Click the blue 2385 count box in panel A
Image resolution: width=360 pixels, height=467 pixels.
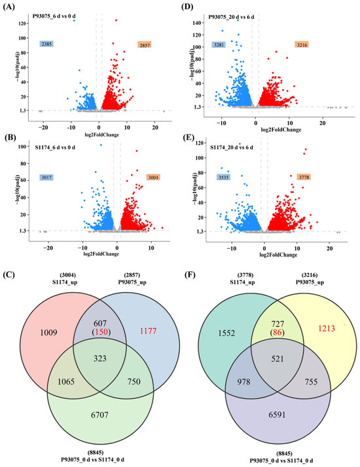[46, 44]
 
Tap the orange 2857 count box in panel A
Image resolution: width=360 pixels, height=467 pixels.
[145, 45]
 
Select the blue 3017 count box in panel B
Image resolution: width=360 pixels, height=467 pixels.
[46, 177]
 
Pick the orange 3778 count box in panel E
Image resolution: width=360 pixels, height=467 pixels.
[304, 177]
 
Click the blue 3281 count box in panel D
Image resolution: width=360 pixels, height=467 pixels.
[219, 45]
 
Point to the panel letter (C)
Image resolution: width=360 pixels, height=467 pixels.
[9, 274]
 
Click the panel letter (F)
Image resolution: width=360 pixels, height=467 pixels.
[189, 274]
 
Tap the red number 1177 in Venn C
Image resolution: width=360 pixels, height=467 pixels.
[148, 331]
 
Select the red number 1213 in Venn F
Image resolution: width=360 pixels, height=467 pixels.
[327, 329]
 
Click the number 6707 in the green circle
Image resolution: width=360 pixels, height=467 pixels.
[99, 415]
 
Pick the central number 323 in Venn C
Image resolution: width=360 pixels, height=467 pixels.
[100, 358]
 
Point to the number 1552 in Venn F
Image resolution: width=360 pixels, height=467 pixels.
[226, 333]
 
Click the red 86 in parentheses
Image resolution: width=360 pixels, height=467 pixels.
[278, 333]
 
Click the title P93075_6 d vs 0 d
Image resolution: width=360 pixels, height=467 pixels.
[54, 16]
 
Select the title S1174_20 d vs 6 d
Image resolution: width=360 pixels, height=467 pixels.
[232, 147]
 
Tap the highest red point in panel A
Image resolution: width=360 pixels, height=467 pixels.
[116, 20]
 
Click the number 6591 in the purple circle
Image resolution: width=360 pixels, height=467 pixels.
[277, 415]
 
